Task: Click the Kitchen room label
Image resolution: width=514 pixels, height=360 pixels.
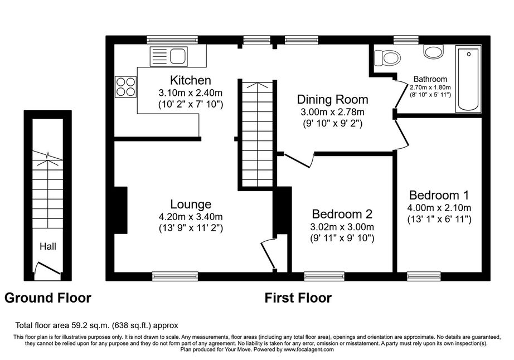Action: [x=191, y=80]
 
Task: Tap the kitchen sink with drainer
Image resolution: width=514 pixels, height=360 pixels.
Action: [x=168, y=56]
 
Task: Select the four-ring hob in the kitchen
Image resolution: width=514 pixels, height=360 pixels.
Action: [x=126, y=87]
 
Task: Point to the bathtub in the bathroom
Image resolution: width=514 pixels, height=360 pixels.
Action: [x=468, y=78]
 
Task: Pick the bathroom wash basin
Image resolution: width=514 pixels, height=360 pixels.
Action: [x=433, y=52]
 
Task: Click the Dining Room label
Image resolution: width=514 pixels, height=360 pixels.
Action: [x=332, y=100]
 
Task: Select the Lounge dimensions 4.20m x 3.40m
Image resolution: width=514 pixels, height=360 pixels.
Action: [x=191, y=217]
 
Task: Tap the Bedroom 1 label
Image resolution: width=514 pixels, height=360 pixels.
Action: [x=439, y=195]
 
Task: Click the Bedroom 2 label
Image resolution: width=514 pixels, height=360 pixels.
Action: [x=342, y=214]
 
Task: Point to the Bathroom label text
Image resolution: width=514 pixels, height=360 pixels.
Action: [x=430, y=79]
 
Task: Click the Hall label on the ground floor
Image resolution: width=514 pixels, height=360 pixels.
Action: [x=48, y=246]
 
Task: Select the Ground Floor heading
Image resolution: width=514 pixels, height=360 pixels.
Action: [x=48, y=298]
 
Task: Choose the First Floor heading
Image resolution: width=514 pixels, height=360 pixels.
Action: [x=298, y=298]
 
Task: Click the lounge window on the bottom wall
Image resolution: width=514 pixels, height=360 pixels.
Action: [x=175, y=276]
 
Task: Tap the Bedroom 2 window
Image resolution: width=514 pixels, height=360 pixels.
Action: [x=324, y=276]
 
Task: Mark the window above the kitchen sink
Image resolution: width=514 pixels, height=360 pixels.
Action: [x=172, y=40]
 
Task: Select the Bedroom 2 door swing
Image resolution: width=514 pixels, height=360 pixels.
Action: [x=299, y=160]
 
